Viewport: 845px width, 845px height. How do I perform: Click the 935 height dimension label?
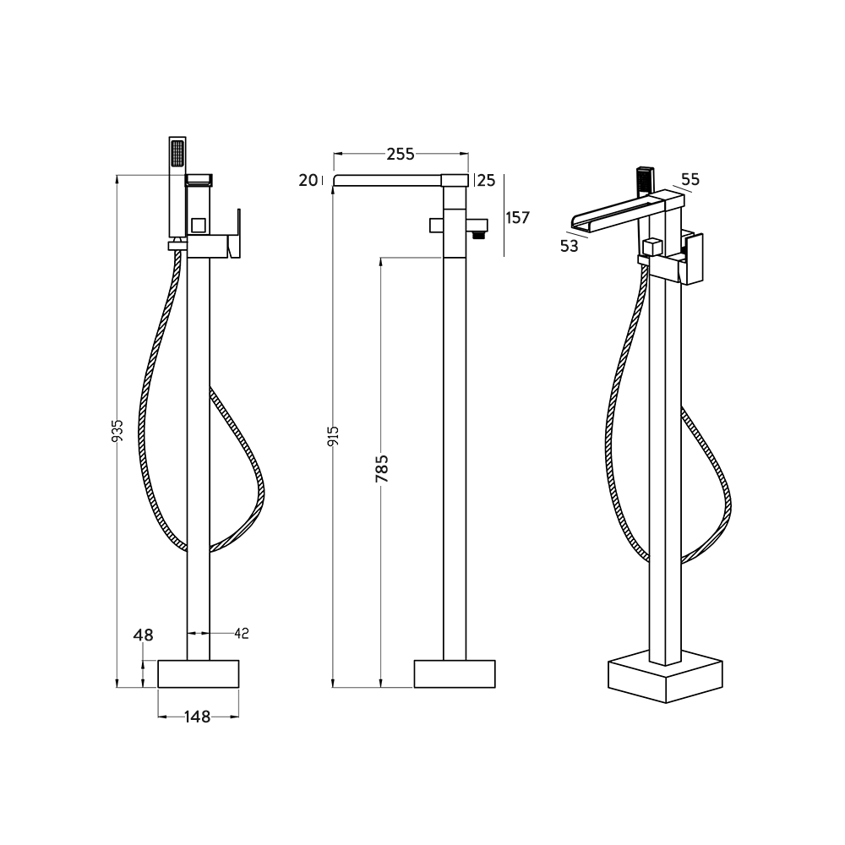pyautogui.click(x=117, y=431)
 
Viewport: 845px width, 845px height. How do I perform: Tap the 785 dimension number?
pyautogui.click(x=381, y=470)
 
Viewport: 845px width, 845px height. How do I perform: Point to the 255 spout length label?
pyautogui.click(x=401, y=154)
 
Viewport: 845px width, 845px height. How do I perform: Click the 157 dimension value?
pyautogui.click(x=517, y=217)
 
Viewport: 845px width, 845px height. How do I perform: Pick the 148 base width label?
pyautogui.click(x=197, y=717)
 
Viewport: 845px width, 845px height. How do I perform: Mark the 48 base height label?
pyautogui.click(x=143, y=634)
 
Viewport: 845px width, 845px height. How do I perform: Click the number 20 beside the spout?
pyautogui.click(x=308, y=179)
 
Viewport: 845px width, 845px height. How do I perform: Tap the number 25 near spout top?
pyautogui.click(x=486, y=179)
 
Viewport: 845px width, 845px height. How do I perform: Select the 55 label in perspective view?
pyautogui.click(x=690, y=179)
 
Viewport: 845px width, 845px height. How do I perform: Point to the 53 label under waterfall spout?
pyautogui.click(x=570, y=245)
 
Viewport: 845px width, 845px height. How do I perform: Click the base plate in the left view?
pyautogui.click(x=198, y=673)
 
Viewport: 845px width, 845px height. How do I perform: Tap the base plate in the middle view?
pyautogui.click(x=455, y=673)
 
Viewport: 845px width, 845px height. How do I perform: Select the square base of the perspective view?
pyautogui.click(x=667, y=676)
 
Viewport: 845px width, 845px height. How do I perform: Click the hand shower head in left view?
pyautogui.click(x=177, y=156)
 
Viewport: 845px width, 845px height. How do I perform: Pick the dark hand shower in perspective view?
pyautogui.click(x=644, y=179)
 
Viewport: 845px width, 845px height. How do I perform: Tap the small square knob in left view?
pyautogui.click(x=199, y=225)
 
